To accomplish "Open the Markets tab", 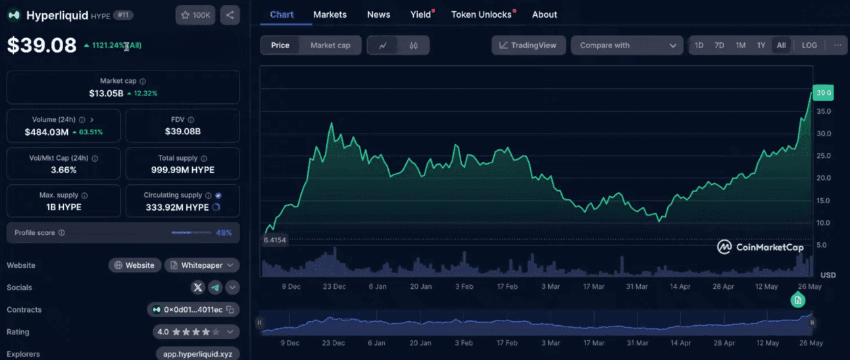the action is (x=330, y=14).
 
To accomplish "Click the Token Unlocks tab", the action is (x=481, y=14).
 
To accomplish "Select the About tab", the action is (x=544, y=14).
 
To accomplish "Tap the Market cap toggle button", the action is (x=330, y=45).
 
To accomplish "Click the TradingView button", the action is (x=528, y=45).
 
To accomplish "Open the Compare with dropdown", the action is (x=627, y=45).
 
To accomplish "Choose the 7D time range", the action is (x=719, y=45).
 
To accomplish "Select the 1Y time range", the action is (x=761, y=45).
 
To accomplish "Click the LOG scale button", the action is (x=809, y=45).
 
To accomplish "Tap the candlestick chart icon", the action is (x=413, y=45).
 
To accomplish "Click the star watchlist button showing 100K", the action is (x=195, y=15).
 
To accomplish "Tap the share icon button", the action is (x=230, y=15).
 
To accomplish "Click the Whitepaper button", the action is (x=202, y=265).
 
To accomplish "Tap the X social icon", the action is (x=198, y=288).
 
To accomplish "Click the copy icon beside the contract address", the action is (x=230, y=309).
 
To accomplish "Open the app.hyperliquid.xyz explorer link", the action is (x=198, y=353).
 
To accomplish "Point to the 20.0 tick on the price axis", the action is (x=824, y=178).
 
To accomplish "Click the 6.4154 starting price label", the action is (x=275, y=240).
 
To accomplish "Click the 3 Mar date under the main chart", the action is (x=550, y=286).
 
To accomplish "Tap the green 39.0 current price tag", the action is (x=823, y=93).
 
